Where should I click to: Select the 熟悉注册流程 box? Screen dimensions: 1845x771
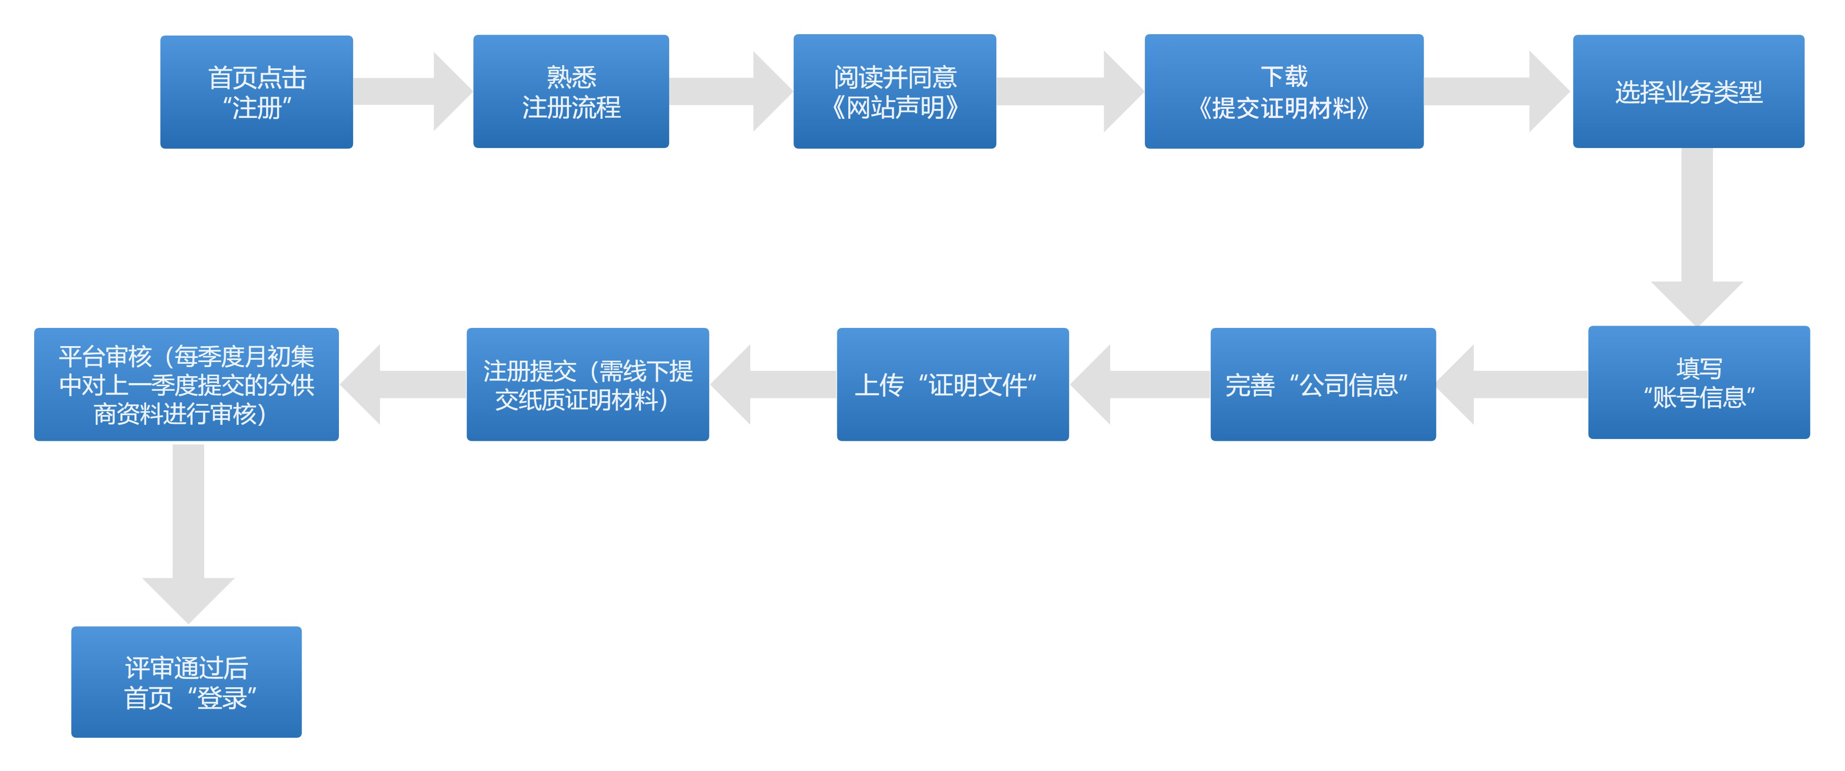571,92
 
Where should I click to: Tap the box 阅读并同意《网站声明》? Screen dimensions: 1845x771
895,92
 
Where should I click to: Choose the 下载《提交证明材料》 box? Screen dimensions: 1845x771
1283,92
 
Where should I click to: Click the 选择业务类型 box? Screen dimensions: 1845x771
1688,92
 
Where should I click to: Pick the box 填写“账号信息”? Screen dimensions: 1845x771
1699,382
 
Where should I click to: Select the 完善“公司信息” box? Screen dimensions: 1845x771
1323,384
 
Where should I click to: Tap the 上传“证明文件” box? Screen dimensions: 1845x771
953,384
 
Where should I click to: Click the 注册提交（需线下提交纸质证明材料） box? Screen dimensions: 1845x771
587,384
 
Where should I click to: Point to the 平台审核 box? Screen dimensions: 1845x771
186,384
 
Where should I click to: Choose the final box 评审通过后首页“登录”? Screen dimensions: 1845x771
186,682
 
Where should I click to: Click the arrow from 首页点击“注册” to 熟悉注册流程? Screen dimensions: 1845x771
413,92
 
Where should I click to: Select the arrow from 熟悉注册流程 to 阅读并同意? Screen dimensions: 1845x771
731,92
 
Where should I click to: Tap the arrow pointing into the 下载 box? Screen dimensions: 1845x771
1070,92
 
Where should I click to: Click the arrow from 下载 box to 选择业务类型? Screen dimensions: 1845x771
1497,92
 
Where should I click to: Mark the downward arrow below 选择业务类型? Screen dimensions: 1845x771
1697,237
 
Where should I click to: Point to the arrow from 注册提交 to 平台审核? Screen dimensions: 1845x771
403,384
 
